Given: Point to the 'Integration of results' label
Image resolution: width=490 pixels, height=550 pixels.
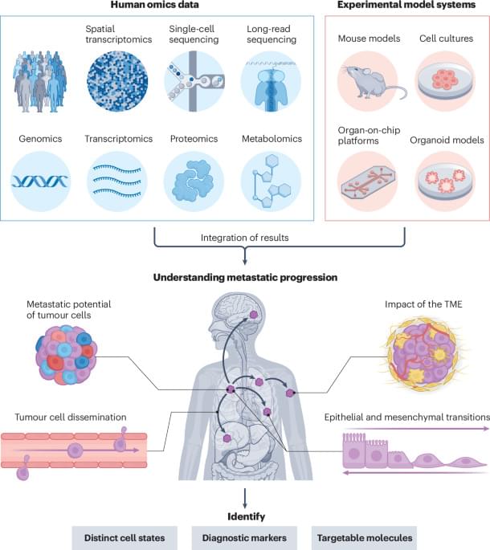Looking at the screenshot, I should click(x=245, y=238).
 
